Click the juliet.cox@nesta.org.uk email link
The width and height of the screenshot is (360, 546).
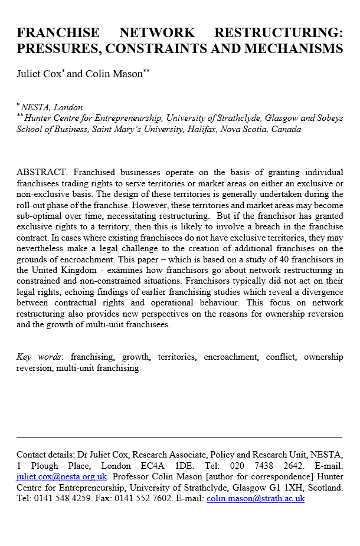click(61, 476)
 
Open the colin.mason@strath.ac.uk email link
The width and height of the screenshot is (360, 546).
click(256, 498)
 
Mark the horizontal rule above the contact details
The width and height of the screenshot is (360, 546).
click(179, 437)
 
